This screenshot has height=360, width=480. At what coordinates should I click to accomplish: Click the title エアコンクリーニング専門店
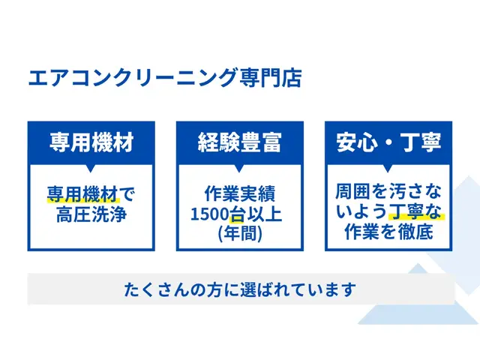(164, 78)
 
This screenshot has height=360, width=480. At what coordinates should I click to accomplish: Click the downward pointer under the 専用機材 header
(91, 168)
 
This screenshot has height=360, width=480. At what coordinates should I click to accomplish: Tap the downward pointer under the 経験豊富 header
(240, 168)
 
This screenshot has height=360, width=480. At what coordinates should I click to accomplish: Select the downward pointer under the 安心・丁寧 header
(388, 168)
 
